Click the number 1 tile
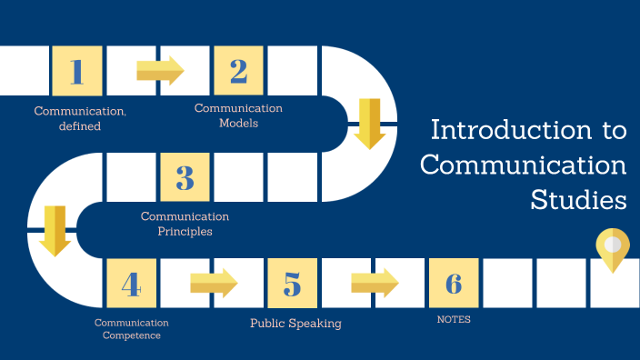click(77, 71)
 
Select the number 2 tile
click(239, 71)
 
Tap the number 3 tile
click(185, 177)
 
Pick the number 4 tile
click(132, 284)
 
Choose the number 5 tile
click(293, 284)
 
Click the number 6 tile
click(454, 284)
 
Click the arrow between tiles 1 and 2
click(160, 71)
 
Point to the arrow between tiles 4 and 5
click(214, 284)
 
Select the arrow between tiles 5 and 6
click(375, 284)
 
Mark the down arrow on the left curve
click(55, 230)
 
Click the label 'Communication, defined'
click(80, 118)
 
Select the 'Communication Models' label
click(238, 115)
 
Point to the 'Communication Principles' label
click(185, 224)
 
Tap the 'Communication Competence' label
click(132, 329)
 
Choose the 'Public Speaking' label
click(296, 322)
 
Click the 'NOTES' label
click(454, 320)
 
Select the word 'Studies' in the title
click(579, 199)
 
